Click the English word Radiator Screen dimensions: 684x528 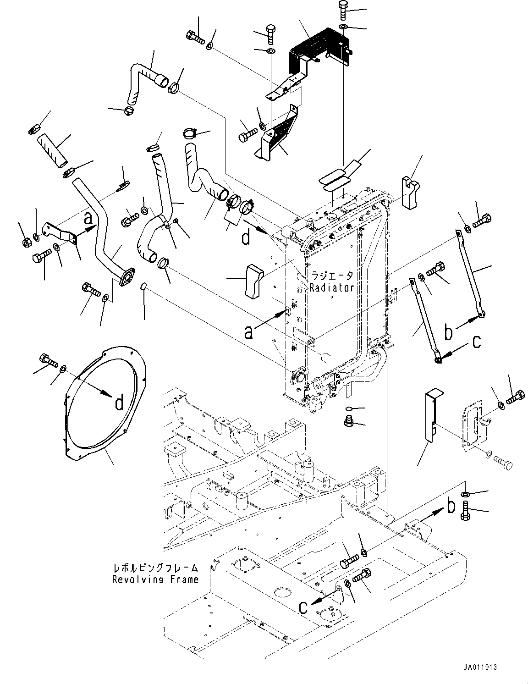[331, 288]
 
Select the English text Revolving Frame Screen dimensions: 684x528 [155, 579]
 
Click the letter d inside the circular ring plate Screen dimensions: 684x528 [119, 403]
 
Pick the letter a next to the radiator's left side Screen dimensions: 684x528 [248, 332]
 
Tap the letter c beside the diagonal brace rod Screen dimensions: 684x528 [477, 342]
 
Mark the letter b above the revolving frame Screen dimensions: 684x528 [451, 506]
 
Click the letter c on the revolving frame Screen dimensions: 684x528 [303, 607]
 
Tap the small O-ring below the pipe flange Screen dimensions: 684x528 [144, 287]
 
